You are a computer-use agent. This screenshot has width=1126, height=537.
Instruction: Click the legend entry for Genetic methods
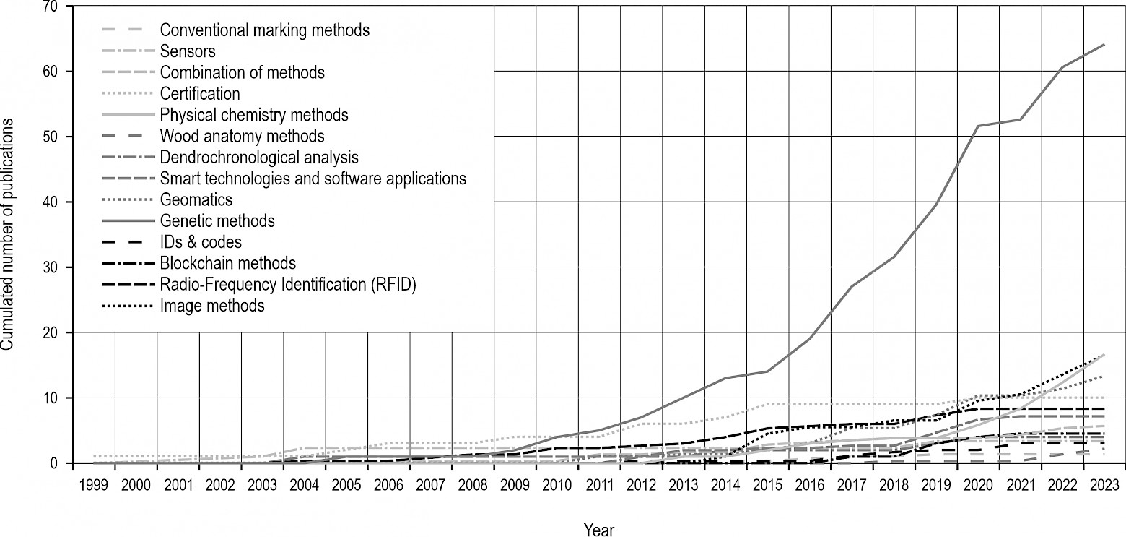(217, 220)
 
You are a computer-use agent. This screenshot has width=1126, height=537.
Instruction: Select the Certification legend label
(200, 94)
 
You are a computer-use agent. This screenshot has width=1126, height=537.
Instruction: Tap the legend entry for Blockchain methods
(228, 263)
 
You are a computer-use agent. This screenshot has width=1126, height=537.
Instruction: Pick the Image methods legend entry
(212, 306)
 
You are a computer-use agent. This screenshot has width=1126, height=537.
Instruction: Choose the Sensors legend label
(188, 51)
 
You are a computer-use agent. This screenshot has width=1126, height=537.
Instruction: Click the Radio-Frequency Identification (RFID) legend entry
(289, 285)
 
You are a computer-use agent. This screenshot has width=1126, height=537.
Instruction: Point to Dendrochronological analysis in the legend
(259, 157)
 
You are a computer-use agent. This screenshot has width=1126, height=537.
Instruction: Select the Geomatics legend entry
(196, 199)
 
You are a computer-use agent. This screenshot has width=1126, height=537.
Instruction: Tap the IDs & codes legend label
(201, 242)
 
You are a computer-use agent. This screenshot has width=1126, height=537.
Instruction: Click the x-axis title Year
(599, 530)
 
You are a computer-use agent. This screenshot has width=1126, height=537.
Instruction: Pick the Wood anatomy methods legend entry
(242, 136)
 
